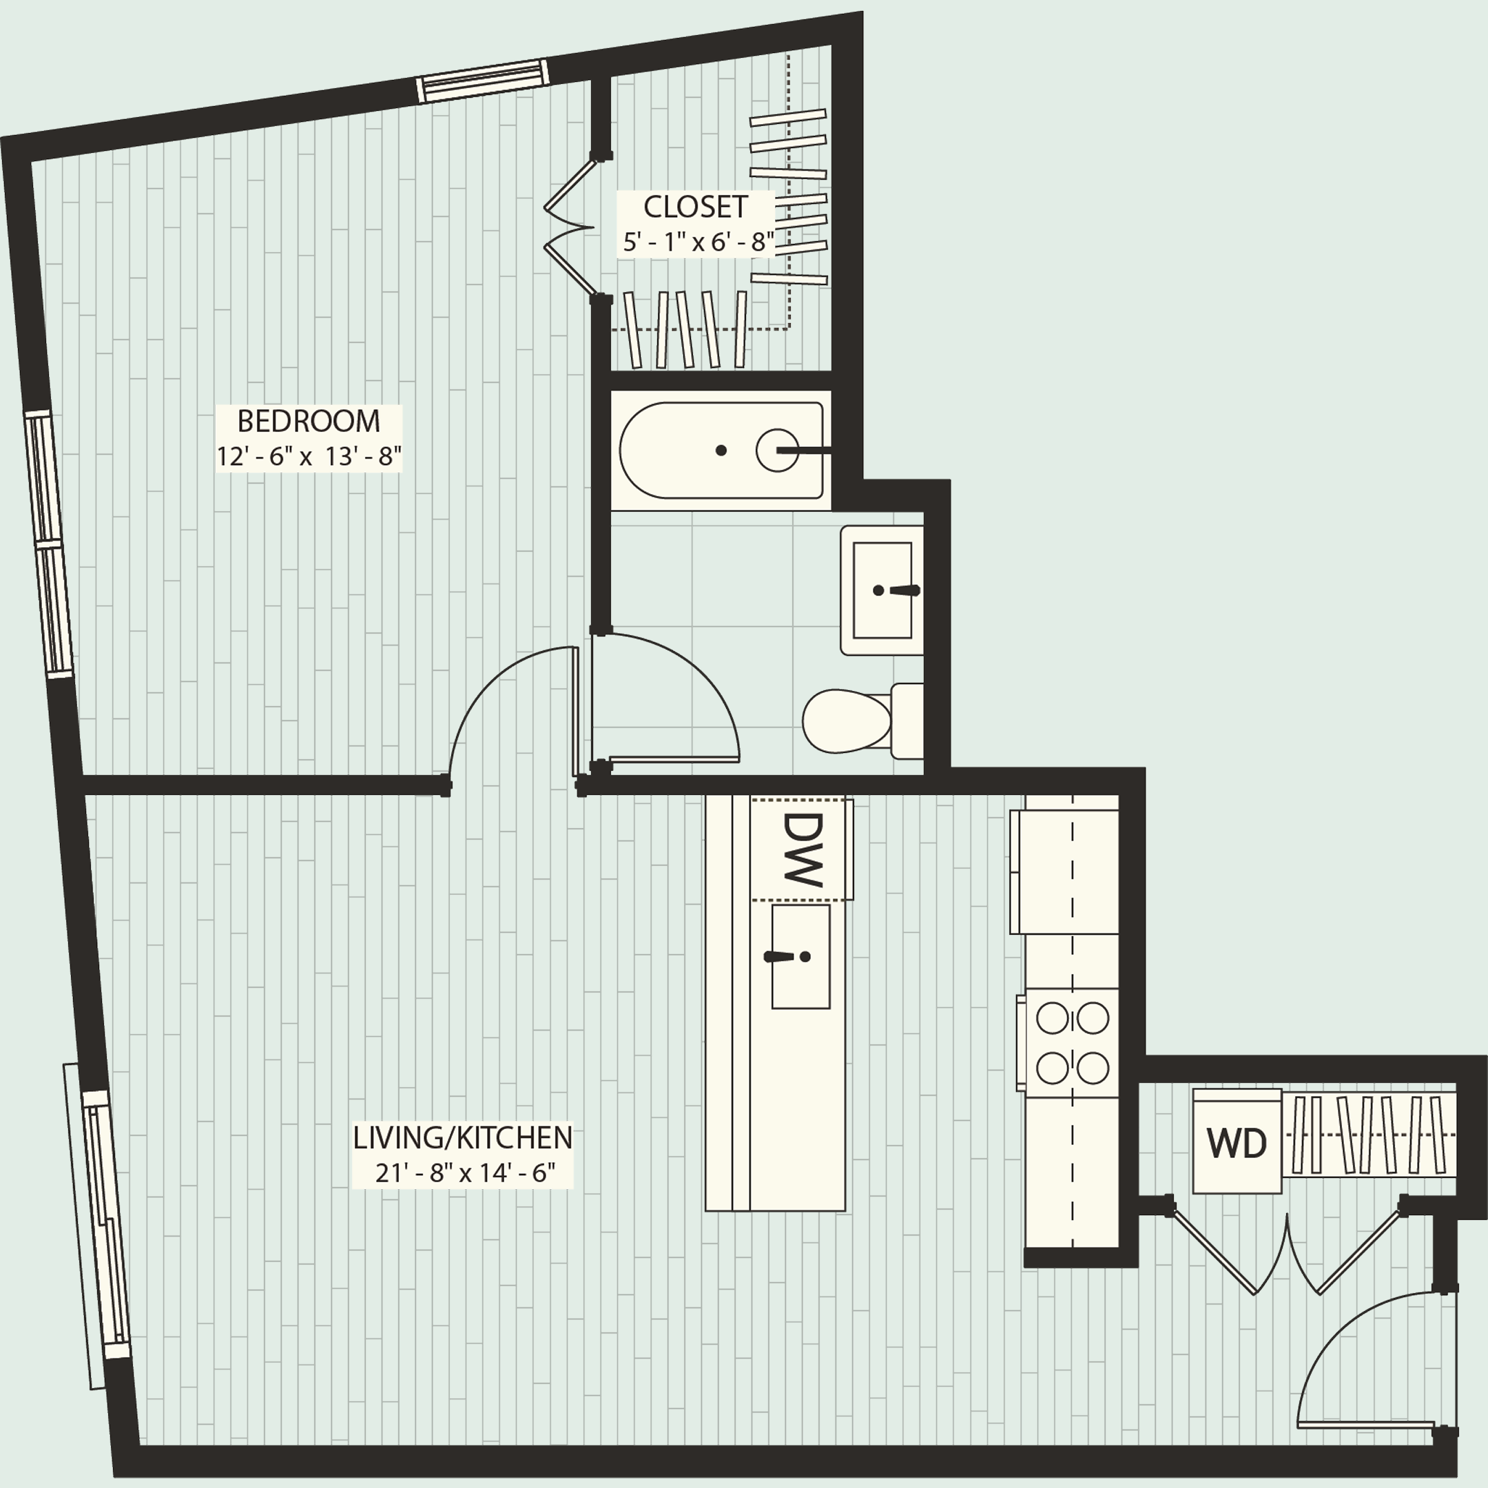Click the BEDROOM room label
[308, 422]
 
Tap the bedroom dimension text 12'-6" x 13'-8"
[308, 457]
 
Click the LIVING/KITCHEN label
[462, 1137]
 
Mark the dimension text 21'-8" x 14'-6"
[464, 1173]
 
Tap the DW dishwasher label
[802, 849]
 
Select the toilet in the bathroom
[855, 721]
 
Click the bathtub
[720, 451]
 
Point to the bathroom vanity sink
[882, 590]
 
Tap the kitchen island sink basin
[800, 957]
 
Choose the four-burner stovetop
[1072, 1043]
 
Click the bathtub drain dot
[721, 451]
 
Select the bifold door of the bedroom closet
[570, 227]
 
